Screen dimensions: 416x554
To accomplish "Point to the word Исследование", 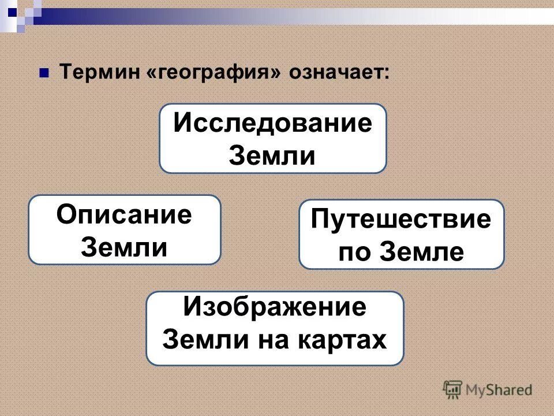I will pos(273,124).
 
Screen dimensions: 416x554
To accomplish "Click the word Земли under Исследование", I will pos(273,156).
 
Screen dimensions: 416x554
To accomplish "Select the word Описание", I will pos(124,216).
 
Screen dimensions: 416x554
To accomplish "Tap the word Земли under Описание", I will pos(124,247).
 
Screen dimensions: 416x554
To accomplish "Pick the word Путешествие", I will pos(402,221).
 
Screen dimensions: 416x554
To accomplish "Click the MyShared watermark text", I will pos(499,389).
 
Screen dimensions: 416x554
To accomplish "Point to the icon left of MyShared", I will pos(452,389).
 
